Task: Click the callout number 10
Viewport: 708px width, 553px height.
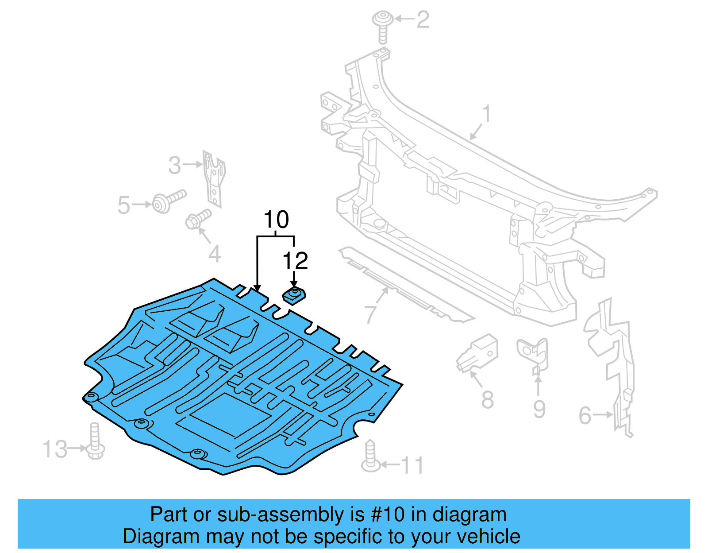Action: [276, 220]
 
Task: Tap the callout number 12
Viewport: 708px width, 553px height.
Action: [295, 261]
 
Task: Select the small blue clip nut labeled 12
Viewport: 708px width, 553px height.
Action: [294, 294]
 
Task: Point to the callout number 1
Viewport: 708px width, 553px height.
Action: [486, 114]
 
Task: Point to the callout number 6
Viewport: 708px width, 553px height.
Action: [585, 415]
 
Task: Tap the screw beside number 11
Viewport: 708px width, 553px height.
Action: [370, 456]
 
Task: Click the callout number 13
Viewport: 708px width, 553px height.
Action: [55, 449]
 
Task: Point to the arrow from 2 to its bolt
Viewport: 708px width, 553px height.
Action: [404, 19]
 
